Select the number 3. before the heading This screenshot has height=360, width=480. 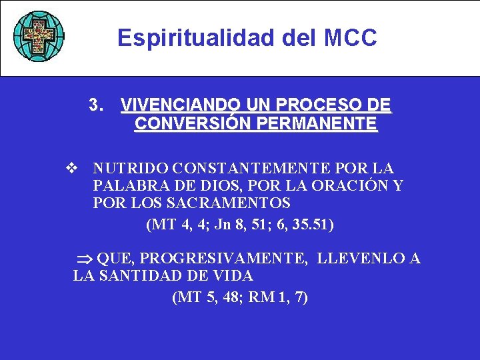97,106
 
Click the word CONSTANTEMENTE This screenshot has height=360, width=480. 254,169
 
